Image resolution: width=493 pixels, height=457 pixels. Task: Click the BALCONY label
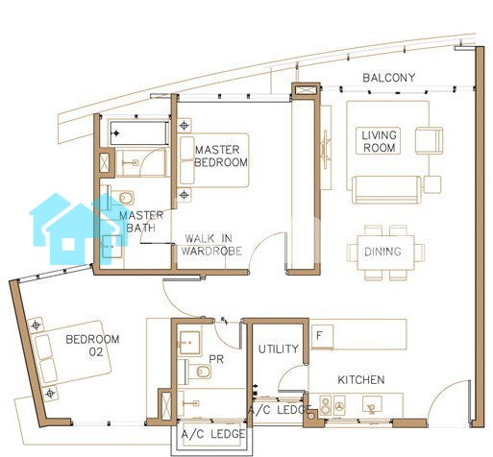pyautogui.click(x=388, y=78)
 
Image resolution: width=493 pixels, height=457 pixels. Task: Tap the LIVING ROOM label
pyautogui.click(x=379, y=141)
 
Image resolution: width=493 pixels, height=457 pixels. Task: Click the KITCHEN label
pyautogui.click(x=361, y=380)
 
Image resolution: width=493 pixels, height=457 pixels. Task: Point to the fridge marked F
pyautogui.click(x=322, y=336)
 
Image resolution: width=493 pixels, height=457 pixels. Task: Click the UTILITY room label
pyautogui.click(x=279, y=349)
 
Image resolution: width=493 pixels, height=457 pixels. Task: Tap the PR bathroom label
pyautogui.click(x=216, y=359)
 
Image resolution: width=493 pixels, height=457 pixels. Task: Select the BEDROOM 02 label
pyautogui.click(x=92, y=346)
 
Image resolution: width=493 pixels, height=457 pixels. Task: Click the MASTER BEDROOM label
pyautogui.click(x=221, y=156)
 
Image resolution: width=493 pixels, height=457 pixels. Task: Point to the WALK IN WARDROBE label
pyautogui.click(x=211, y=245)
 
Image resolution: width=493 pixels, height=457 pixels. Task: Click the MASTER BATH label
pyautogui.click(x=141, y=222)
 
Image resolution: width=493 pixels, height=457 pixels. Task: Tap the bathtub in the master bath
pyautogui.click(x=139, y=132)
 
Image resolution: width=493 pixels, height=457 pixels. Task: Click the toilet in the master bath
pyautogui.click(x=122, y=198)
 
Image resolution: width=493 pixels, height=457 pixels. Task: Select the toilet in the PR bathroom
pyautogui.click(x=199, y=372)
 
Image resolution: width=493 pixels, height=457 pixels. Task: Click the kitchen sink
pyautogui.click(x=372, y=404)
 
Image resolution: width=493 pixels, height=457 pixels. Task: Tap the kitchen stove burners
pyautogui.click(x=333, y=405)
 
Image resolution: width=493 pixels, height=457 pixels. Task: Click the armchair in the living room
pyautogui.click(x=429, y=140)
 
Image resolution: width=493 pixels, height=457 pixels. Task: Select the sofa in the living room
pyautogui.click(x=386, y=189)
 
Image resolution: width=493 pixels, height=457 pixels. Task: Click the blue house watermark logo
pyautogui.click(x=79, y=228)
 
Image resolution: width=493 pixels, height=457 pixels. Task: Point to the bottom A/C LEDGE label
pyautogui.click(x=213, y=434)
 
